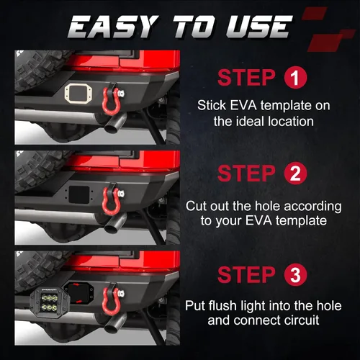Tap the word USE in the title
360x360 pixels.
tap(259, 27)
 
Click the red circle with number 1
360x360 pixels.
tap(295, 78)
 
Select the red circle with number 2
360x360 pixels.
tap(295, 173)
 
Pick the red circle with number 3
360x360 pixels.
tap(295, 275)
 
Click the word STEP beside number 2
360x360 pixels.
tap(246, 174)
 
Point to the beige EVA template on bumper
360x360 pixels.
tap(78, 94)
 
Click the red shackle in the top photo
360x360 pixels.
tap(111, 100)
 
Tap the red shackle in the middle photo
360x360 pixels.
tap(111, 201)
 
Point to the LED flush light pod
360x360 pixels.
tap(50, 303)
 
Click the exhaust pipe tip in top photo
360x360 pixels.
tap(114, 125)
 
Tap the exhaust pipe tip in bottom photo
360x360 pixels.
tap(114, 325)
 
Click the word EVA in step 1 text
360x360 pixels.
tap(243, 105)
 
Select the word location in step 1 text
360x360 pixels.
tap(291, 121)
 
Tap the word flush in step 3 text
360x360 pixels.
tap(222, 305)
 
